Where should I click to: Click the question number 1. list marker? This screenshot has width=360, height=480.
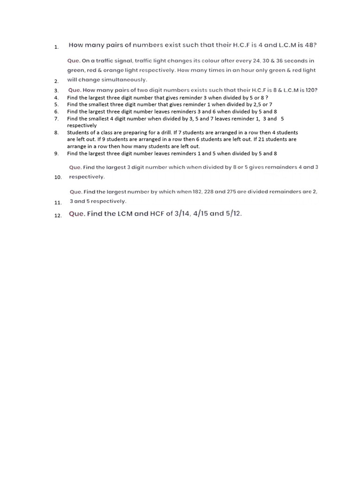coord(56,47)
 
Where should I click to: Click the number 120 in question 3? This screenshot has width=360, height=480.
coord(311,90)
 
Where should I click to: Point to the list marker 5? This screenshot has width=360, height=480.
coord(56,105)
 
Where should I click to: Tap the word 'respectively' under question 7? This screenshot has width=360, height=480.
coord(82,126)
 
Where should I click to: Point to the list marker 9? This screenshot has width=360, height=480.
coord(56,153)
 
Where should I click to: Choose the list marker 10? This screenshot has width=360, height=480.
coord(58,178)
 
